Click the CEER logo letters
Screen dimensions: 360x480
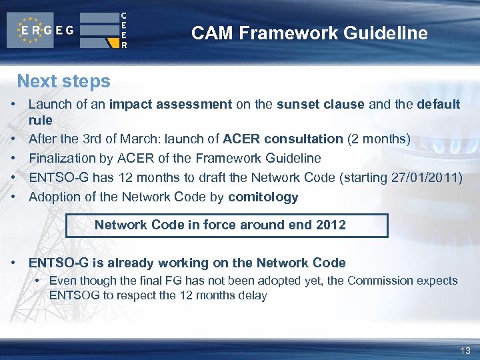point(123,31)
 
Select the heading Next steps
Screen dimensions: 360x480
point(63,81)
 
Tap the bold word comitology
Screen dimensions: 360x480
point(263,197)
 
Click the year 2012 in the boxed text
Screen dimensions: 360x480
point(331,225)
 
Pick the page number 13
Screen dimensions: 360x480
point(465,351)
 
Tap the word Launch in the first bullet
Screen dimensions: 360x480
point(47,105)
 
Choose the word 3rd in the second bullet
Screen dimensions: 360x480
point(102,139)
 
